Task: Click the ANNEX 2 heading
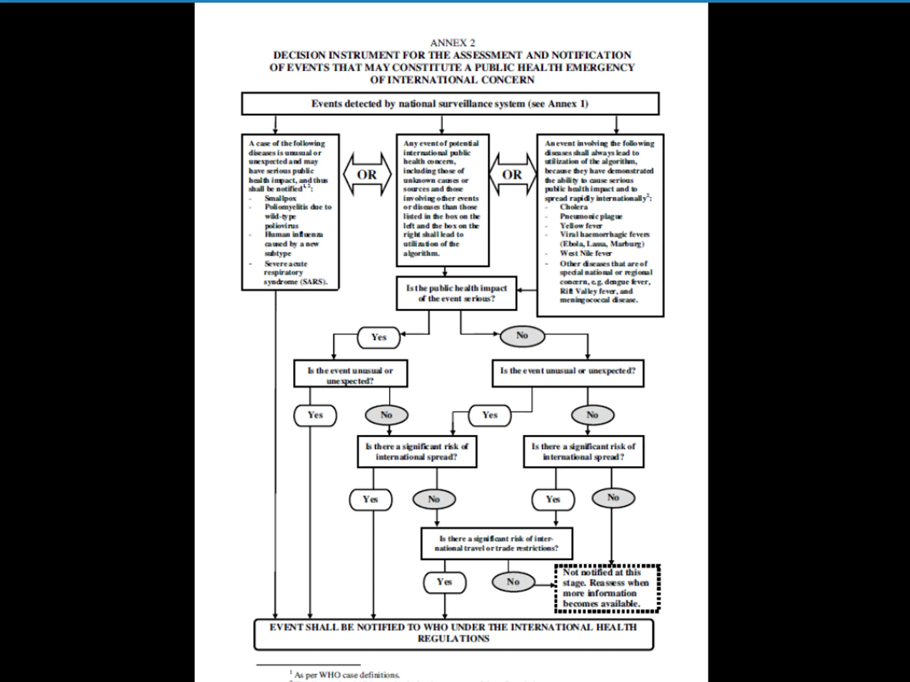click(x=452, y=43)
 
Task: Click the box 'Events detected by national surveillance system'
click(x=450, y=104)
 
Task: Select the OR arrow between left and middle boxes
click(x=367, y=174)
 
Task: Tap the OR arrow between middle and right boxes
click(x=512, y=174)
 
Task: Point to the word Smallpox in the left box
click(x=280, y=198)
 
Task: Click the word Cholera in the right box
click(x=573, y=207)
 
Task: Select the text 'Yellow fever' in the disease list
click(x=581, y=226)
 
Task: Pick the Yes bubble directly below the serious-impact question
click(x=379, y=337)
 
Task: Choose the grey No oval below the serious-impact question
click(x=522, y=335)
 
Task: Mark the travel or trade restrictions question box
click(x=497, y=543)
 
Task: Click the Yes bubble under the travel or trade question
click(x=444, y=582)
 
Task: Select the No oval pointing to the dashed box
click(x=513, y=582)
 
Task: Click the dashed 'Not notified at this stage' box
click(x=607, y=588)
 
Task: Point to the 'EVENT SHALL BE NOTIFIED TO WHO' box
click(x=453, y=633)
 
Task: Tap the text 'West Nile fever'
click(x=585, y=253)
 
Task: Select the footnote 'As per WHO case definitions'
click(x=347, y=675)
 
